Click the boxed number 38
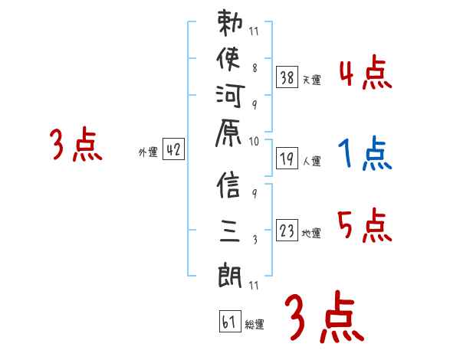click(286, 77)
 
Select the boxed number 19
click(286, 159)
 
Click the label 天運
click(311, 80)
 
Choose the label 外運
click(148, 152)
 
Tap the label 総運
click(255, 325)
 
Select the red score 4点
click(365, 74)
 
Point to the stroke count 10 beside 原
click(255, 141)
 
